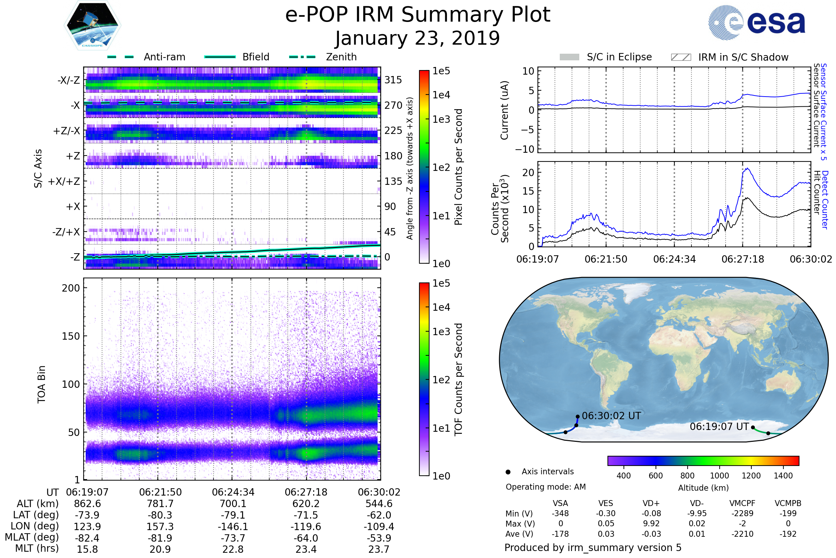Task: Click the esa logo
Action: tap(757, 22)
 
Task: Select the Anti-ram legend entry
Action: tap(146, 57)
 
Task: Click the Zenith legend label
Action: tap(341, 57)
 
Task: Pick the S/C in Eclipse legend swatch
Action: tap(570, 57)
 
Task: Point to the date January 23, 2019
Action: tap(418, 38)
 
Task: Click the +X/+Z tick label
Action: tap(64, 181)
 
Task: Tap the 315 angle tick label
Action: tap(393, 80)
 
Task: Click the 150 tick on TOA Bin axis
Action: tap(71, 336)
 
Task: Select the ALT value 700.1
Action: tap(233, 504)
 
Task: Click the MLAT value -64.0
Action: tap(306, 538)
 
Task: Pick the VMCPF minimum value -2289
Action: tap(742, 513)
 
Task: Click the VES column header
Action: tap(606, 503)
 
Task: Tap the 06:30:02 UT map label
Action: tap(611, 416)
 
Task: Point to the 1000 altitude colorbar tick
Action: tap(719, 476)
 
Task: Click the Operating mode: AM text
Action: tap(545, 487)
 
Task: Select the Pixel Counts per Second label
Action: tap(458, 167)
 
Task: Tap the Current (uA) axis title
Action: tap(504, 110)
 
